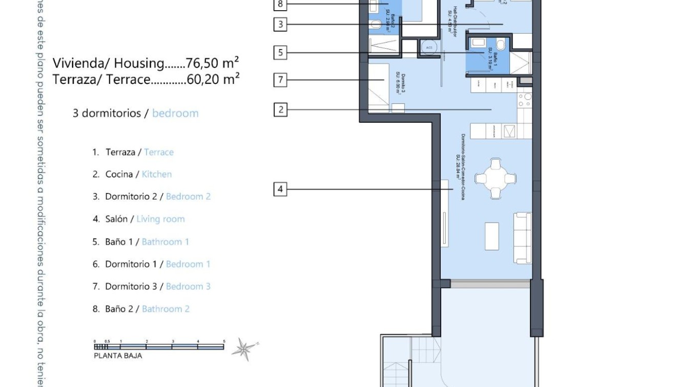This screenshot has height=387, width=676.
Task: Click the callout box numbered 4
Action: click(280, 189)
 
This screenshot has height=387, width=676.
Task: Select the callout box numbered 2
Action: click(280, 109)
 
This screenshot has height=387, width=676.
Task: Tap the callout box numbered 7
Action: click(280, 80)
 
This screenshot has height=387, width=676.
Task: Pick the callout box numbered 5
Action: click(280, 52)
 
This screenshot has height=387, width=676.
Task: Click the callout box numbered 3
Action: click(280, 24)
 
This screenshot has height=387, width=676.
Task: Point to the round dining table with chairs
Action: click(495, 179)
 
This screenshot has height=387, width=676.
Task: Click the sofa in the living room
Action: click(523, 238)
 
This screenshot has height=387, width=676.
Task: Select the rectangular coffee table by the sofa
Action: click(492, 236)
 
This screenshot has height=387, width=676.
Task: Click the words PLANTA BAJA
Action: click(118, 356)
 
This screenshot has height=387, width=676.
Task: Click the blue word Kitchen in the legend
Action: click(157, 175)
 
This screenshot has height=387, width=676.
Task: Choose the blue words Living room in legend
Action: click(160, 219)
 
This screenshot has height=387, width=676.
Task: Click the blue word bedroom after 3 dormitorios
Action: click(175, 113)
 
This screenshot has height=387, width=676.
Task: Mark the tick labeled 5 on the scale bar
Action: click(224, 341)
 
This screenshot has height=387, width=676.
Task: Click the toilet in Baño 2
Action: click(376, 24)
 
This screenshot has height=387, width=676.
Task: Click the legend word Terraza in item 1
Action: click(120, 152)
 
